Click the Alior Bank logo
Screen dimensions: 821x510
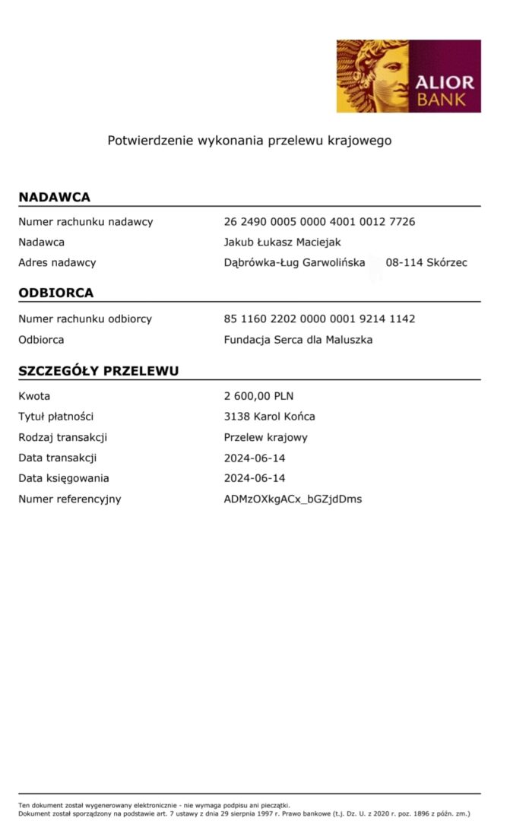409,76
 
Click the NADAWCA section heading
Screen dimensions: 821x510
54,198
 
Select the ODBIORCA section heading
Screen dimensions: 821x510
56,293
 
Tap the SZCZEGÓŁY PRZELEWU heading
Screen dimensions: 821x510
99,372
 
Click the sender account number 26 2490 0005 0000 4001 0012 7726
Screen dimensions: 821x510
319,222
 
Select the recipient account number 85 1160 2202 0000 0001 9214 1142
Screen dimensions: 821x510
319,319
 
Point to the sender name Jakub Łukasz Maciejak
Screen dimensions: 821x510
282,242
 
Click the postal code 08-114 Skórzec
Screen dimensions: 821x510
426,263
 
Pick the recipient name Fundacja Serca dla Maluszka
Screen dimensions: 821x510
298,340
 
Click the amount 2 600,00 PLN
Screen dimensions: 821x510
258,396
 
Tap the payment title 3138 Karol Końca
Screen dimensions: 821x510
269,417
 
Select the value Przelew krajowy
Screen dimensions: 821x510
265,438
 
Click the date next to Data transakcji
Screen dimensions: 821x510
255,458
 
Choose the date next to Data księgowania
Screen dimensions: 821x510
255,479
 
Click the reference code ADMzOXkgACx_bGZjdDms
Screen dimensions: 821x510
293,499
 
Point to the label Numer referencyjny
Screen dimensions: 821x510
70,499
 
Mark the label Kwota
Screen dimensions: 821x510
34,396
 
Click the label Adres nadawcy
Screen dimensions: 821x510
57,263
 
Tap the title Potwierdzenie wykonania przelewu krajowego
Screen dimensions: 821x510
249,141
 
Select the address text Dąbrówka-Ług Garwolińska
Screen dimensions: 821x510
294,263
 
